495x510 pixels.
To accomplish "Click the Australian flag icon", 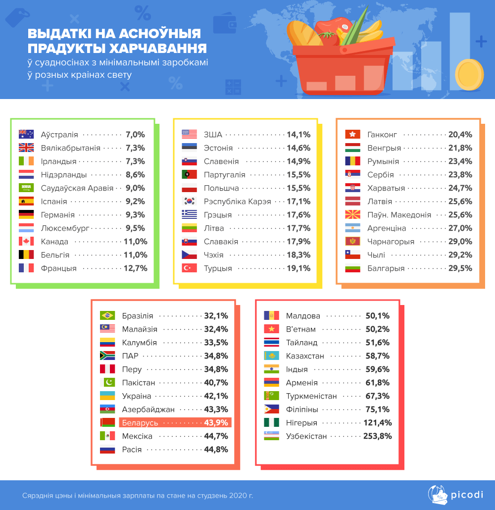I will click(x=26, y=134).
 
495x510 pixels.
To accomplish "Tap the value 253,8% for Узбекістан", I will click(x=378, y=436).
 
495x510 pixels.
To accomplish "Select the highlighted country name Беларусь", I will click(x=140, y=423).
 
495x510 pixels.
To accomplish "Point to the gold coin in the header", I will click(x=469, y=73).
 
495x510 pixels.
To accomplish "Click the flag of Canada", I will click(x=26, y=242).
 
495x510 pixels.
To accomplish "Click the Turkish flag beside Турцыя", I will click(x=190, y=268).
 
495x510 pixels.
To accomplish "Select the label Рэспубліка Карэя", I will click(x=237, y=202).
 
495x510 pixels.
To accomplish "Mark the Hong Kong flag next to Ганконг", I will click(x=352, y=134).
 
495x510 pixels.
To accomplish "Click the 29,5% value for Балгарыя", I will click(x=460, y=268).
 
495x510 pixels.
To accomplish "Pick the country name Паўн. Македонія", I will click(x=399, y=215).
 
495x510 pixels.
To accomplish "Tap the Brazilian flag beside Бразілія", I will click(x=107, y=316).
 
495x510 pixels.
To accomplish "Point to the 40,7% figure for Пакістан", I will click(x=216, y=383).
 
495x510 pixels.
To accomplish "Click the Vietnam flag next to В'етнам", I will click(x=271, y=329).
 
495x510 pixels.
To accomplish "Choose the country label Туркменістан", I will click(x=311, y=396).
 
